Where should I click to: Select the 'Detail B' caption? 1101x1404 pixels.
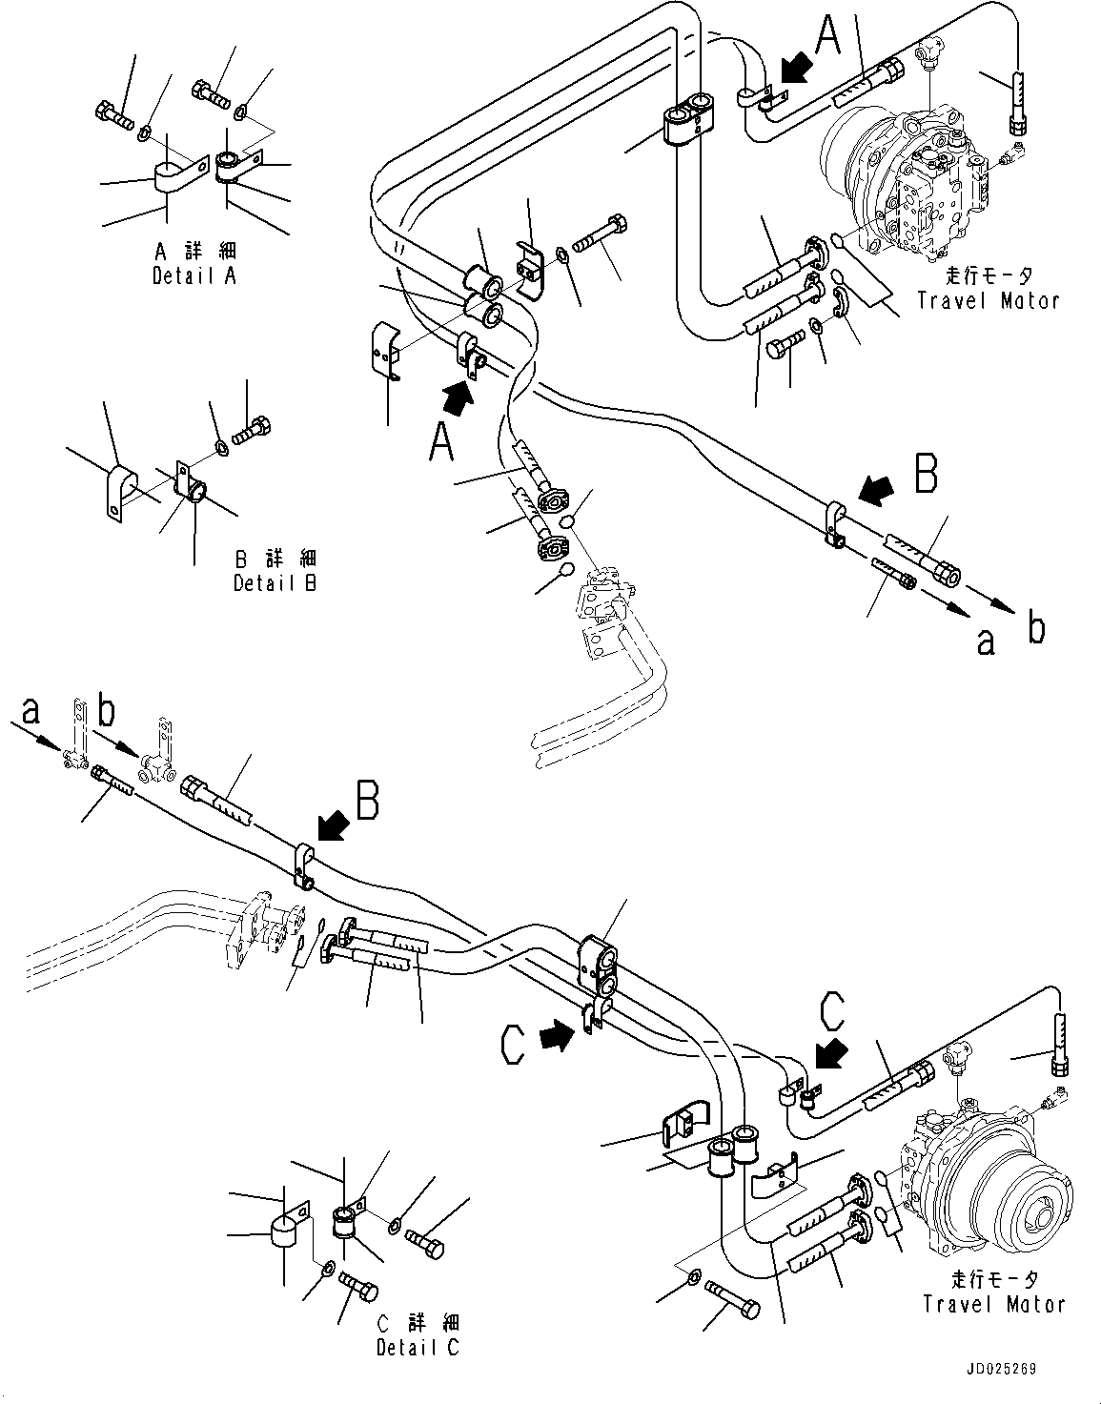(275, 582)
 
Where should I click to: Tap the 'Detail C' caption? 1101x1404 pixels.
(417, 1347)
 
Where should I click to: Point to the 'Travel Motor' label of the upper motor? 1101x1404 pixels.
(988, 301)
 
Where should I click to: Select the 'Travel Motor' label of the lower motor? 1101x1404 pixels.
(993, 1304)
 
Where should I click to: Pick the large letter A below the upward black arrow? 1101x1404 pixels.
(440, 443)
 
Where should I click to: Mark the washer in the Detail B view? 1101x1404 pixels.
(221, 446)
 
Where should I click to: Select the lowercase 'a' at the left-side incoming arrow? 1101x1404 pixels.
(31, 710)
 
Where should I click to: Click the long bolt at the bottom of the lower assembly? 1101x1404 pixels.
(732, 1300)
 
